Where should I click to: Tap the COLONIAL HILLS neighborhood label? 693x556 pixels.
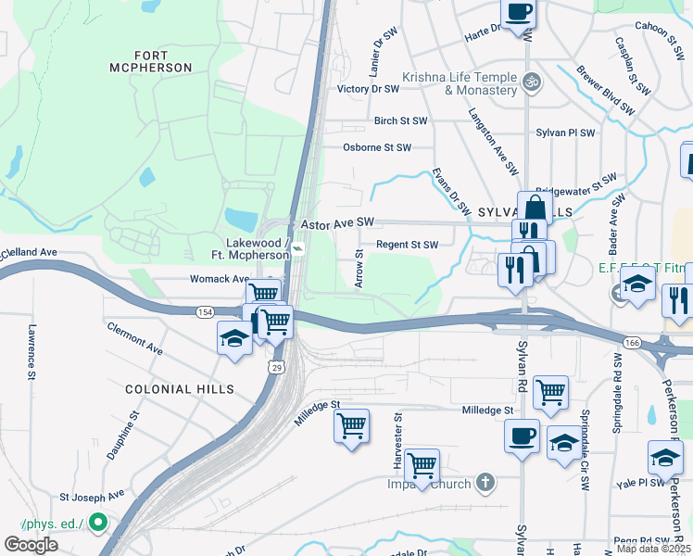(180, 389)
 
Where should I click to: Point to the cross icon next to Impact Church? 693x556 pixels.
(484, 482)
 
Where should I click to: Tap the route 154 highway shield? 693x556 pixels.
(203, 313)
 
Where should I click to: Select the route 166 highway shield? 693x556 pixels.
(630, 343)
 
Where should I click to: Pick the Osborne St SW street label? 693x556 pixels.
(376, 147)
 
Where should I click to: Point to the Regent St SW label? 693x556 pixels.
(406, 245)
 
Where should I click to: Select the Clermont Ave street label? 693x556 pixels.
(135, 338)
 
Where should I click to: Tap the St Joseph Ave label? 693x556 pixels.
(92, 496)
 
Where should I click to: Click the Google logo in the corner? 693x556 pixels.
(31, 544)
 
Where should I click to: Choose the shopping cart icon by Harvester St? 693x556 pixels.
(422, 464)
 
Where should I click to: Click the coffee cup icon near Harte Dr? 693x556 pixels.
(519, 12)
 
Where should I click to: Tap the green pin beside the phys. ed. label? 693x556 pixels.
(98, 524)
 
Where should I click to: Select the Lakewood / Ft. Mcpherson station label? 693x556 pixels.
(258, 249)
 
